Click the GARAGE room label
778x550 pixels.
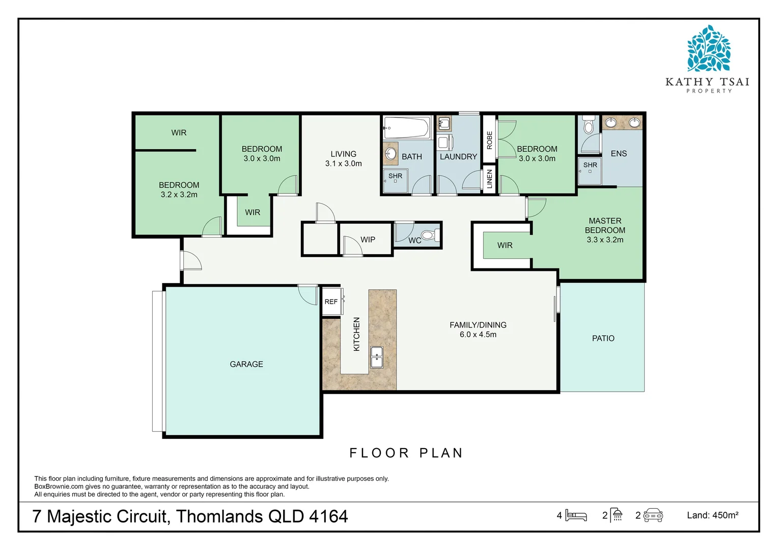point(246,364)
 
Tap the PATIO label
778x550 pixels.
point(603,338)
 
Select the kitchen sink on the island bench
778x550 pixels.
point(377,357)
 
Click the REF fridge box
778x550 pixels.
point(331,301)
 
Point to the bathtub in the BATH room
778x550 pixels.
point(406,127)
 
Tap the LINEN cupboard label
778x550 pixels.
point(489,179)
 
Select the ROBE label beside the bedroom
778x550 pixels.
point(489,140)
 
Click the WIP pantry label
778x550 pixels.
point(368,239)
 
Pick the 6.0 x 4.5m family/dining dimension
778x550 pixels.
point(478,335)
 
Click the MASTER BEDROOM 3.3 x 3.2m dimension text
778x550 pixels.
point(605,240)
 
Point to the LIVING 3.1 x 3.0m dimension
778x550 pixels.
point(343,163)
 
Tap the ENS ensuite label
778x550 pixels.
point(619,153)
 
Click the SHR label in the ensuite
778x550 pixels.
point(590,165)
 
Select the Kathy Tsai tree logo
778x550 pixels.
point(708,49)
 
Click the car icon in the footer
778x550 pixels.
point(653,515)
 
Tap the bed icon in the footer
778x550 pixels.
point(576,515)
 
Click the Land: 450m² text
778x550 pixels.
point(712,515)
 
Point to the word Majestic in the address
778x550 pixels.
point(107,516)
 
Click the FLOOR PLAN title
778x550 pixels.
point(406,453)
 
